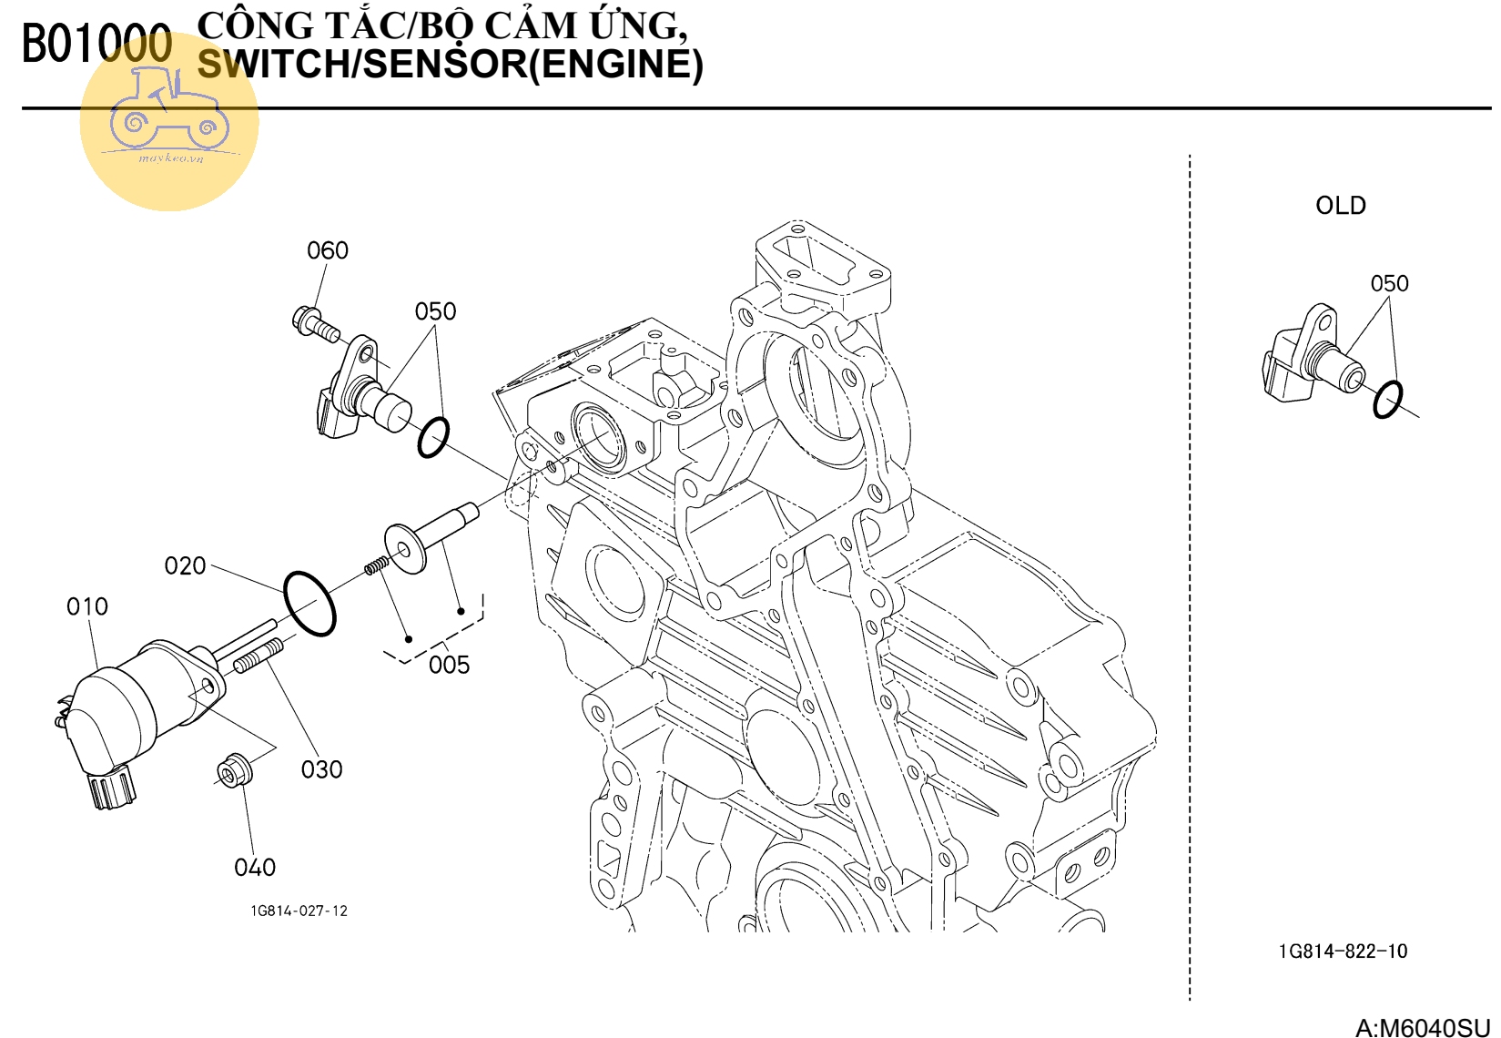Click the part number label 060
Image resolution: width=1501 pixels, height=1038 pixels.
tap(328, 250)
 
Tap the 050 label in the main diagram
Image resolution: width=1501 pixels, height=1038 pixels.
tap(435, 311)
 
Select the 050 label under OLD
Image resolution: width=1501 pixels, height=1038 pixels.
tap(1389, 284)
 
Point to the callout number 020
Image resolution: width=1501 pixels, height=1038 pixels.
tap(185, 566)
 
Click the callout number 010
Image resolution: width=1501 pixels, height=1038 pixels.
tap(87, 606)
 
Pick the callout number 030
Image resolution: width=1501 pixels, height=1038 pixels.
tap(322, 770)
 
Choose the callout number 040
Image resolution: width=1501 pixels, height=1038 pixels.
tap(255, 868)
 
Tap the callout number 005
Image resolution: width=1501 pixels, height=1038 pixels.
tap(449, 666)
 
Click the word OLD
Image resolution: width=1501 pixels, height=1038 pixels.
tap(1340, 206)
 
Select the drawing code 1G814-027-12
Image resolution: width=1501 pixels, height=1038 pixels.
tap(299, 911)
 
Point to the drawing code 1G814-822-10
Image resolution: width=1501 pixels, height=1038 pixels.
tap(1343, 952)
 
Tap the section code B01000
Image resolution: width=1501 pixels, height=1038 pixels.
tap(96, 45)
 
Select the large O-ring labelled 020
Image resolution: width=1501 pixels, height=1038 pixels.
tap(309, 603)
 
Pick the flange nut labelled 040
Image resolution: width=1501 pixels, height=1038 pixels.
tap(236, 770)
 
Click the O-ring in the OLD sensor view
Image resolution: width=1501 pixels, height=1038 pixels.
tap(1387, 399)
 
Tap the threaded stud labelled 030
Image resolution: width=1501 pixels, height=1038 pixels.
tap(259, 656)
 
